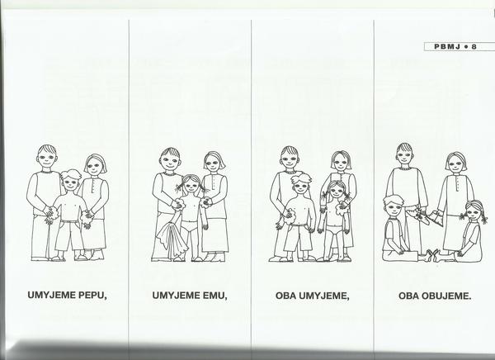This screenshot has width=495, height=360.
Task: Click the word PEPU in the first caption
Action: (92, 296)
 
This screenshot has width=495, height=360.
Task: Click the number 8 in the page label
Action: (474, 47)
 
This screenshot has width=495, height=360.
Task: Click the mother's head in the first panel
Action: (96, 165)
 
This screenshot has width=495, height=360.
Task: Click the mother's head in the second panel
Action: (214, 163)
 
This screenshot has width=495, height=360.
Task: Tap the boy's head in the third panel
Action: (301, 184)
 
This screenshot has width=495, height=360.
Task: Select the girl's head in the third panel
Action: (337, 190)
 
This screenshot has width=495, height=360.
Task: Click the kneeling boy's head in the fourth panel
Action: (394, 206)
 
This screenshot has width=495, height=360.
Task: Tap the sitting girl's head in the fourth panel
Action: (474, 211)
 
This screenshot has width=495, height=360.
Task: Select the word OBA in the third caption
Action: (285, 296)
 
